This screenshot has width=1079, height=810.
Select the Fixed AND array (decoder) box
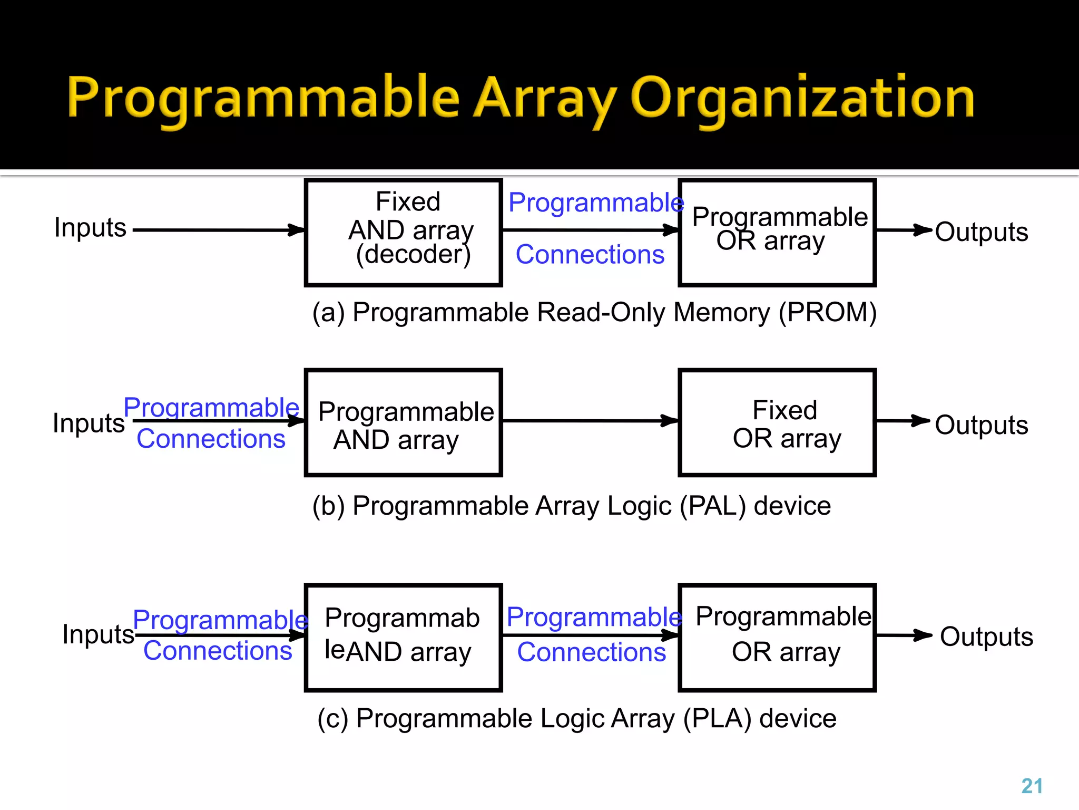(404, 233)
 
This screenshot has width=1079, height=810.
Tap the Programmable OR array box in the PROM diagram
(777, 233)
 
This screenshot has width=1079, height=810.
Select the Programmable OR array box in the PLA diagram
(777, 638)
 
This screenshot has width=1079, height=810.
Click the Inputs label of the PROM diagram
(90, 228)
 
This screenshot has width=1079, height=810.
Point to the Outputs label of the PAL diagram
(981, 425)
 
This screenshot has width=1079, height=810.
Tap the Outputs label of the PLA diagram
(986, 637)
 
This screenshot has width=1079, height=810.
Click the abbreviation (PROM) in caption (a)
(828, 312)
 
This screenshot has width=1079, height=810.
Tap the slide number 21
(1032, 786)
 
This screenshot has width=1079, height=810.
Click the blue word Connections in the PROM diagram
(590, 255)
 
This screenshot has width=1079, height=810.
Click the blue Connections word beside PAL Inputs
(211, 439)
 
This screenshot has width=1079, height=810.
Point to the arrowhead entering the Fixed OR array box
(670, 421)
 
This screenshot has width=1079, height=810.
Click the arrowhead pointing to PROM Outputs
(922, 230)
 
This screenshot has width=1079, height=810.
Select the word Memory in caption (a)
(721, 312)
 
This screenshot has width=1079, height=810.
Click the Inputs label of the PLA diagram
(98, 634)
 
